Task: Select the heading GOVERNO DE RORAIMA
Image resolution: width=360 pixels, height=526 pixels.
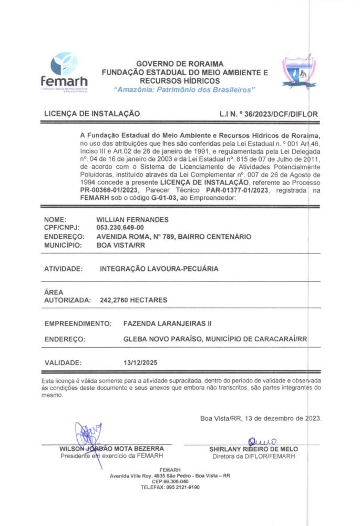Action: click(180, 64)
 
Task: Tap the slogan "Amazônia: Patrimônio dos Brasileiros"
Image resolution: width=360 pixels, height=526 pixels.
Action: click(184, 90)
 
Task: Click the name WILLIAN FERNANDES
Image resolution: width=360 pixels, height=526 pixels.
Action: click(132, 219)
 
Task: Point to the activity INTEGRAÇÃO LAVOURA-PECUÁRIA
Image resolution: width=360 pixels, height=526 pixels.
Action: click(159, 269)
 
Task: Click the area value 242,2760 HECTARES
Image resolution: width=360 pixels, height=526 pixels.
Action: click(133, 300)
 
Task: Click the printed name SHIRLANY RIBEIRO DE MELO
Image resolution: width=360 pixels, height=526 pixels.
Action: click(253, 449)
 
